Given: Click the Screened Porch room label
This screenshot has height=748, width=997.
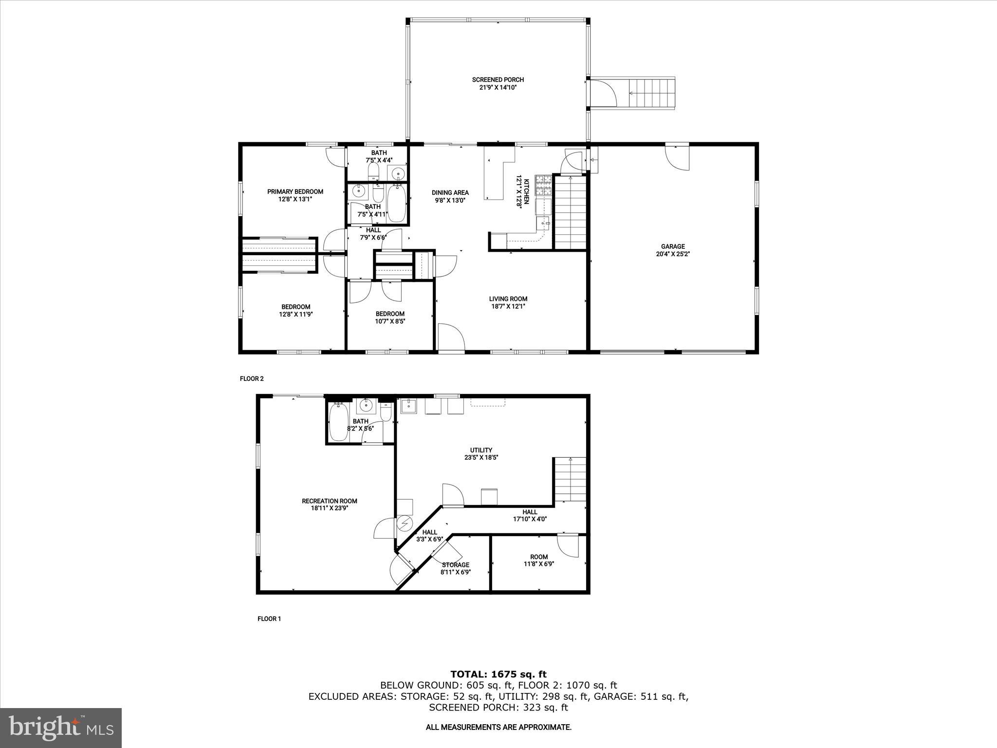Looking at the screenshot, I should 498,80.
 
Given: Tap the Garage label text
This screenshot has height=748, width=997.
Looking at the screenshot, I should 673,246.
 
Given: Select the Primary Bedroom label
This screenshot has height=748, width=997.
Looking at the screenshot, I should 295,192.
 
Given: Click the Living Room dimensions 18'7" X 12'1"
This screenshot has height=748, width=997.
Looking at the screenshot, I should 508,306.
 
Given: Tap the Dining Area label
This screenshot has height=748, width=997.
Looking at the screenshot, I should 450,192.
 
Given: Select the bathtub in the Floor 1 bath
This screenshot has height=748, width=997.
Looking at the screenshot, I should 338,423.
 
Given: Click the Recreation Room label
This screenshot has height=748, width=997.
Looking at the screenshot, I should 330,501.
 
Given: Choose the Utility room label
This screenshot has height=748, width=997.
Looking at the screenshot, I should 481,450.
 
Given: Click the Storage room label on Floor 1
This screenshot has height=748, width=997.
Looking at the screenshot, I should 456,565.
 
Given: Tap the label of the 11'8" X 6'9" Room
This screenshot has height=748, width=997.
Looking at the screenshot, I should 539,557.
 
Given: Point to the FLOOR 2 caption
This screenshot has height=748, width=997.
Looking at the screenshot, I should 252,378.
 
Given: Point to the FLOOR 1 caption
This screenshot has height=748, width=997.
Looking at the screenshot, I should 269,619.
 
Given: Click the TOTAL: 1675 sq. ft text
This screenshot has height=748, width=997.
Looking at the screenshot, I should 498,674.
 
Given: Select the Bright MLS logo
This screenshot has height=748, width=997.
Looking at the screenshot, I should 61,728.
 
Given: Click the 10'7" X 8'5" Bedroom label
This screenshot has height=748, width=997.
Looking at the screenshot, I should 390,314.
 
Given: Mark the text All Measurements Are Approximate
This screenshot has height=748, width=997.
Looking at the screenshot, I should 498,727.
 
